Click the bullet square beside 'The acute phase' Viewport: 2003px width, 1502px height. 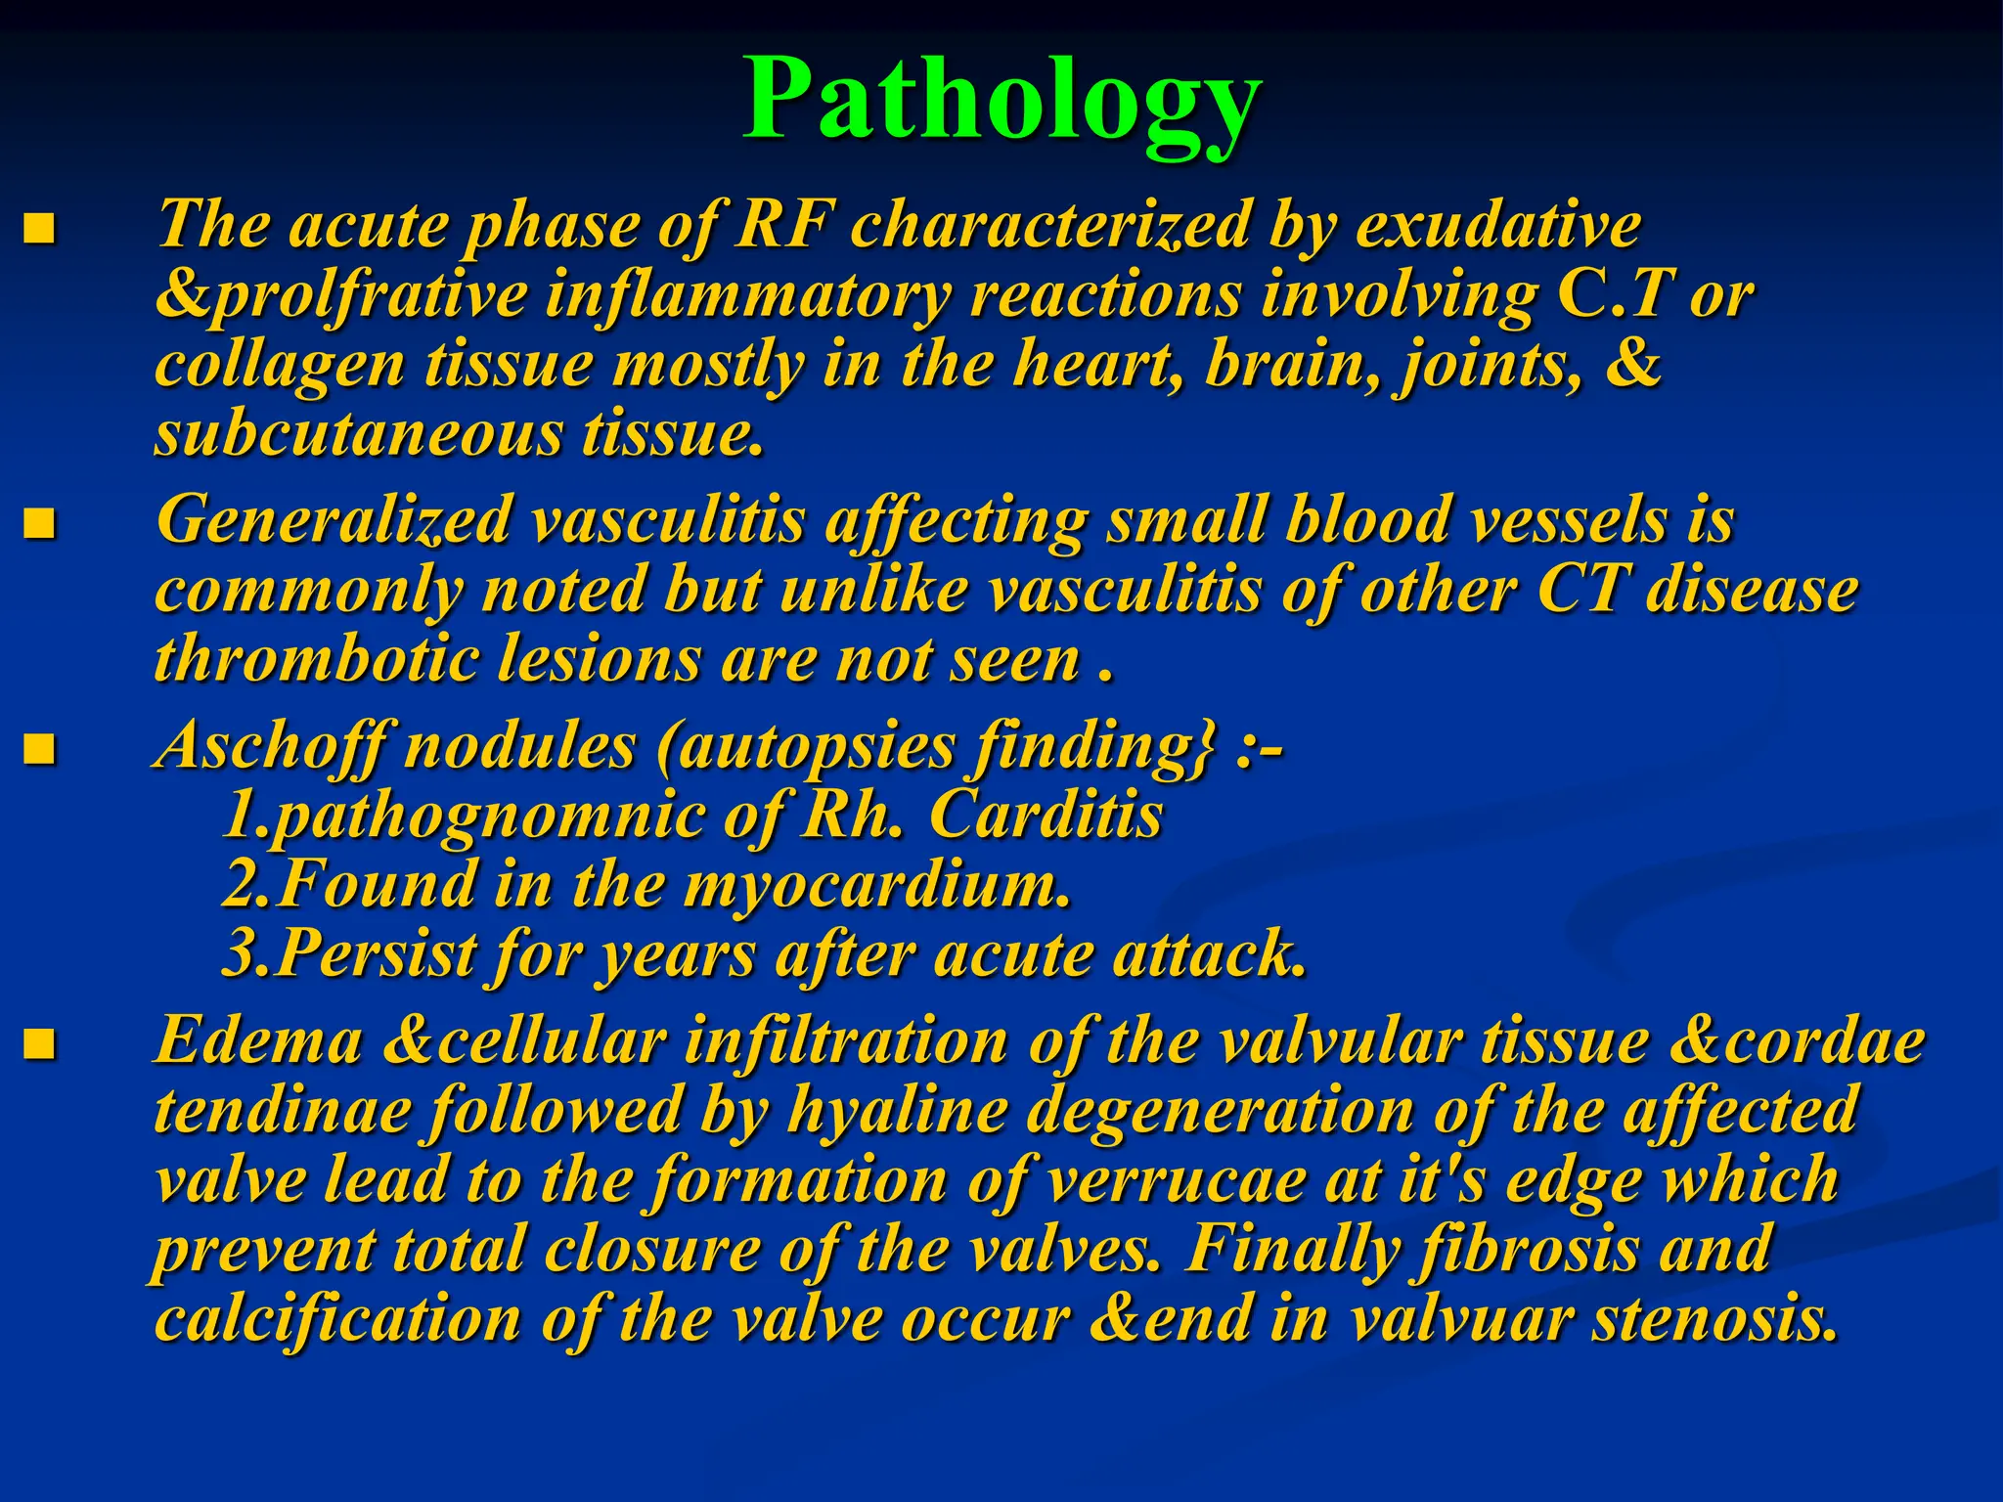(x=39, y=230)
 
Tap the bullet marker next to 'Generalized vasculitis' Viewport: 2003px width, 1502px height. (x=39, y=525)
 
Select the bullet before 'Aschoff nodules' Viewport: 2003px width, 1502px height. (x=39, y=751)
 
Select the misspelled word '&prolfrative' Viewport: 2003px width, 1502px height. (x=341, y=295)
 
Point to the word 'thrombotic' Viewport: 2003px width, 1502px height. (x=317, y=659)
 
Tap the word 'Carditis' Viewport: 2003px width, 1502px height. (x=1046, y=815)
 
